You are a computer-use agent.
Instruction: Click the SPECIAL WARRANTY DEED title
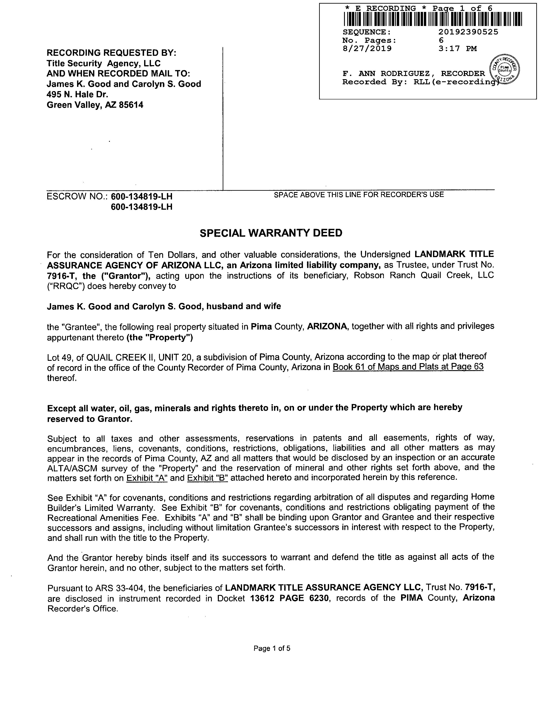271,233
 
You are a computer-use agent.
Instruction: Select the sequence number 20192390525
468,32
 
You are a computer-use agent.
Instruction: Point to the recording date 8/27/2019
367,49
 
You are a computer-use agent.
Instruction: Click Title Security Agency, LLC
103,63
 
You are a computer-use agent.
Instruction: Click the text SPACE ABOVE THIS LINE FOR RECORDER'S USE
359,195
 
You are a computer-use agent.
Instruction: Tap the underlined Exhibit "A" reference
147,477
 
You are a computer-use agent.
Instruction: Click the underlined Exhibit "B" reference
208,477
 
